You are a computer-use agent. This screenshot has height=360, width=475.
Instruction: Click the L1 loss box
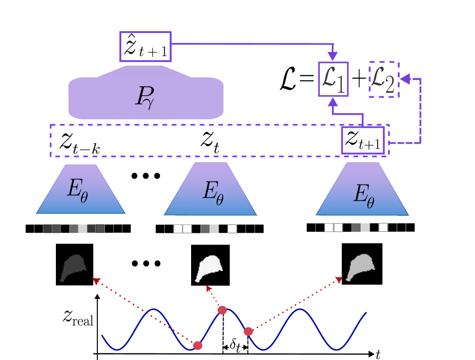tap(333, 79)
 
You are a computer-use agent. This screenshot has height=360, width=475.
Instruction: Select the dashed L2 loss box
tap(384, 79)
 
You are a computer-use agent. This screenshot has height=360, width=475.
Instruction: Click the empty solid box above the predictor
tap(145, 46)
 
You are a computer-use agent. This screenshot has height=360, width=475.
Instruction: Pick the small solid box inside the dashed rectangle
tap(363, 140)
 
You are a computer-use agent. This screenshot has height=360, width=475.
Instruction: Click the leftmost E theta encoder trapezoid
tap(80, 189)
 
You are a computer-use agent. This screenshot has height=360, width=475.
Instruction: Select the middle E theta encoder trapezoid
tap(211, 190)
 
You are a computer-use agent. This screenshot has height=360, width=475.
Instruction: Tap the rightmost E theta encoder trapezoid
tap(362, 190)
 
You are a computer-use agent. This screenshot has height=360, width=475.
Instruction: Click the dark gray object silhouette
tap(73, 268)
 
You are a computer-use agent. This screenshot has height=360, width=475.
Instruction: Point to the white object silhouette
tap(208, 268)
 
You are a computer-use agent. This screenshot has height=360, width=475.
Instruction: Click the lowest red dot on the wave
tap(198, 345)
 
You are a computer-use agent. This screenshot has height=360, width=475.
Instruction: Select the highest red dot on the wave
tap(222, 310)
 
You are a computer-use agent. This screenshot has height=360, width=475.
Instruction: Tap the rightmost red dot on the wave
tap(248, 331)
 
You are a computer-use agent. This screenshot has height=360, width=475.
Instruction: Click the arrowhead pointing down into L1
tap(332, 56)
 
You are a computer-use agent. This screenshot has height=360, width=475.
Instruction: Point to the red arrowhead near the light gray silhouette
tap(339, 280)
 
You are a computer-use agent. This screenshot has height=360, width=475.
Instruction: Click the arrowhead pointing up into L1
tap(332, 102)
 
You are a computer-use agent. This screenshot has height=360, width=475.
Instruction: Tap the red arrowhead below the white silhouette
tap(209, 288)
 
